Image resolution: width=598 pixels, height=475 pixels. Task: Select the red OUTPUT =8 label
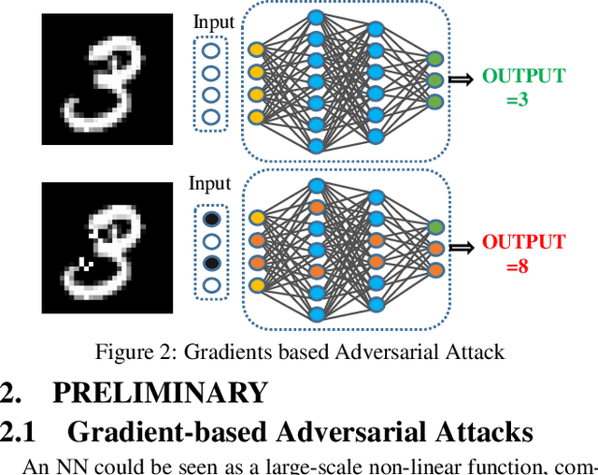523,253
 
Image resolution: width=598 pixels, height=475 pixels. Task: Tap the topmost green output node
434,59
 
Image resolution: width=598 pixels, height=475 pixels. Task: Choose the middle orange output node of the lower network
434,249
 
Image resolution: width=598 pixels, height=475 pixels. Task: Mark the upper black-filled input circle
211,218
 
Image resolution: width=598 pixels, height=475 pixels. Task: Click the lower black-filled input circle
211,263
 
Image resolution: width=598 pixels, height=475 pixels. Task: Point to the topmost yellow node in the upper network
256,49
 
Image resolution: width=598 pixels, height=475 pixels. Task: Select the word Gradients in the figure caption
221,353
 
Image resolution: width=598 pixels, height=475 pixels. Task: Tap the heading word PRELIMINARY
159,393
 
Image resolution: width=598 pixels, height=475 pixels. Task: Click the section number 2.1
18,432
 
